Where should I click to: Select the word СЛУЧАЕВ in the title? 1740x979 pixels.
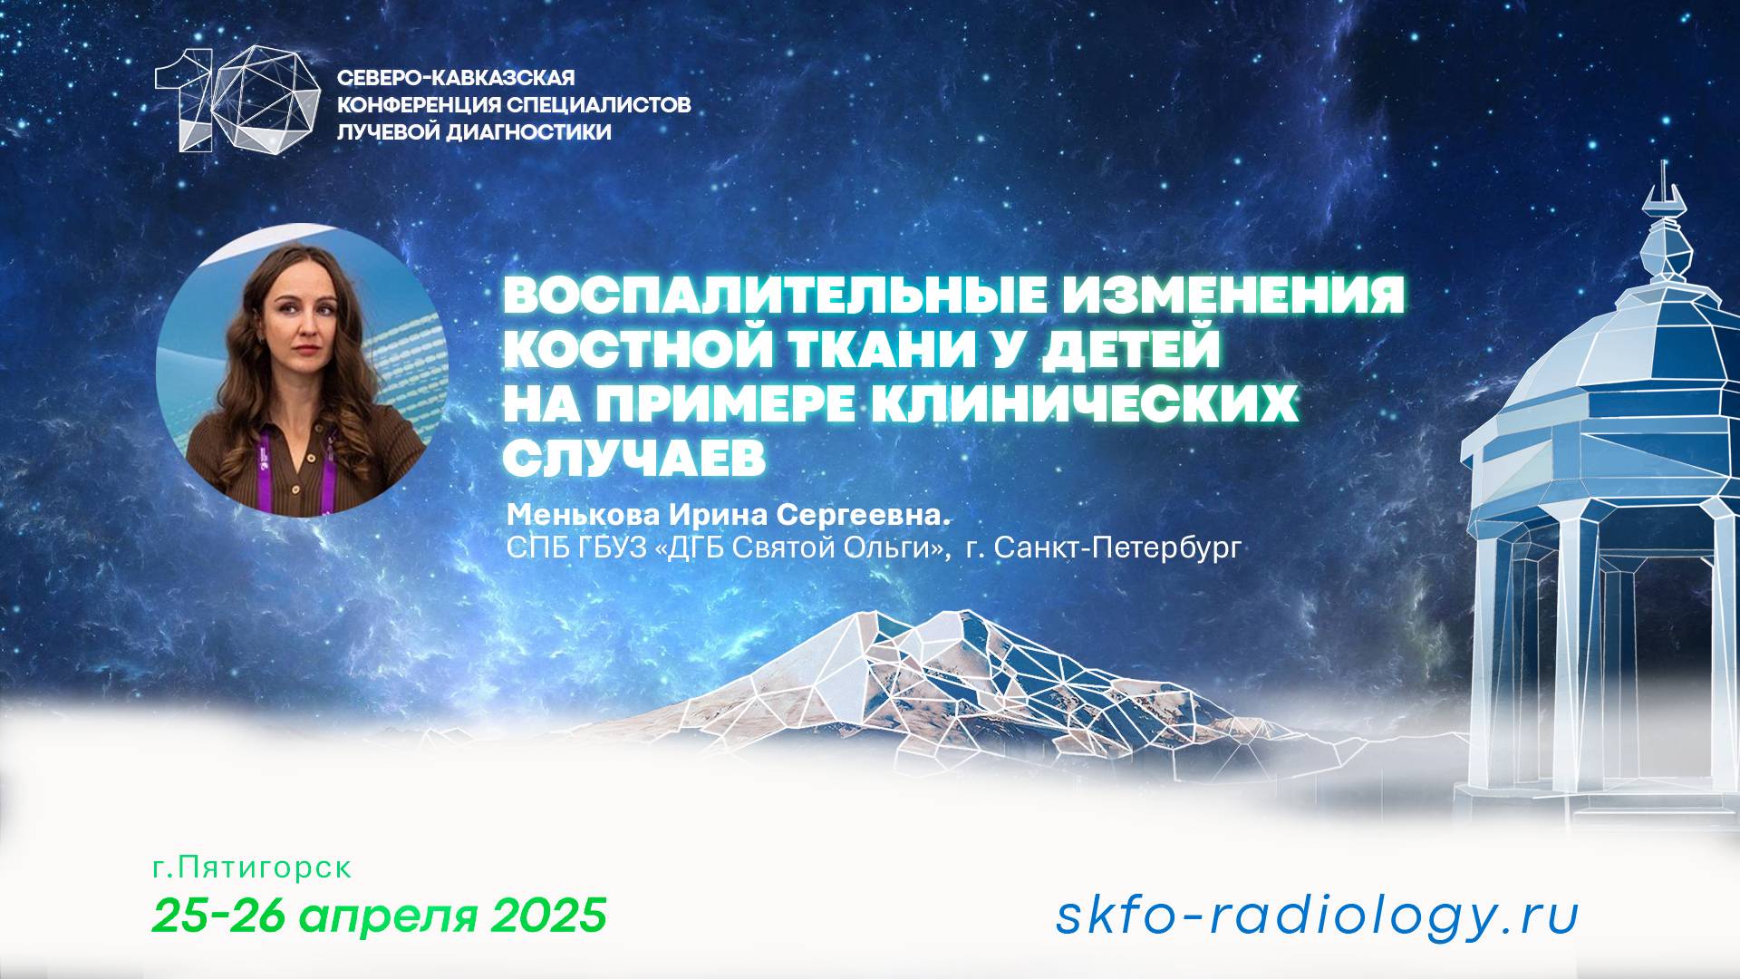tap(633, 460)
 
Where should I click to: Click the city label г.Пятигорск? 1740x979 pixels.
tap(252, 868)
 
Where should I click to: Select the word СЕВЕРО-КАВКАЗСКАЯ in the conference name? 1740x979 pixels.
tap(456, 78)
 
